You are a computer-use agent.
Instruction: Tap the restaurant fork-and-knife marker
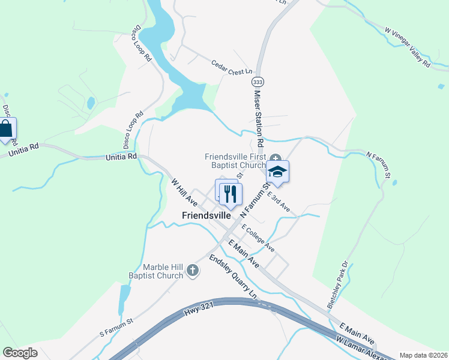click(231, 193)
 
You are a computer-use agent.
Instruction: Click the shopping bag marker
click(6, 129)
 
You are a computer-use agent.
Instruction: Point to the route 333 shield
click(258, 81)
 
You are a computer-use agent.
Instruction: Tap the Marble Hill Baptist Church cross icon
click(193, 271)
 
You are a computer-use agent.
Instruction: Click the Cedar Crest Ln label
click(231, 67)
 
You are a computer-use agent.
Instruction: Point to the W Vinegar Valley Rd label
click(408, 47)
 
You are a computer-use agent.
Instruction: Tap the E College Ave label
click(258, 238)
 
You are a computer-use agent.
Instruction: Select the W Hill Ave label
click(184, 191)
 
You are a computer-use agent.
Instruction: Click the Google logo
click(20, 352)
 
